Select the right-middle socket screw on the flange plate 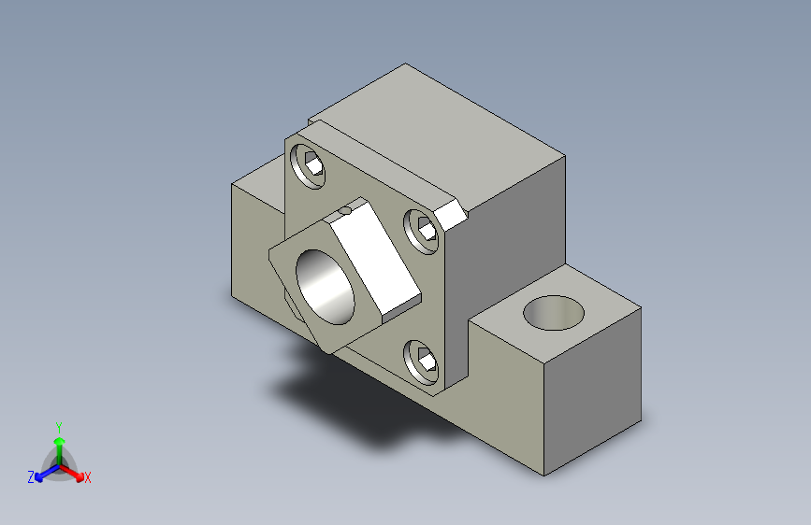click(421, 231)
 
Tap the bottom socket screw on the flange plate click(421, 362)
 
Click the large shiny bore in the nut click(325, 288)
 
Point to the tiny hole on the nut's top click(345, 210)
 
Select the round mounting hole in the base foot click(554, 313)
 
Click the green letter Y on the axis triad click(59, 427)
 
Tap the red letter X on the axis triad click(87, 477)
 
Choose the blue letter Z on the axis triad click(31, 477)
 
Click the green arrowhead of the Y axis click(60, 441)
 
